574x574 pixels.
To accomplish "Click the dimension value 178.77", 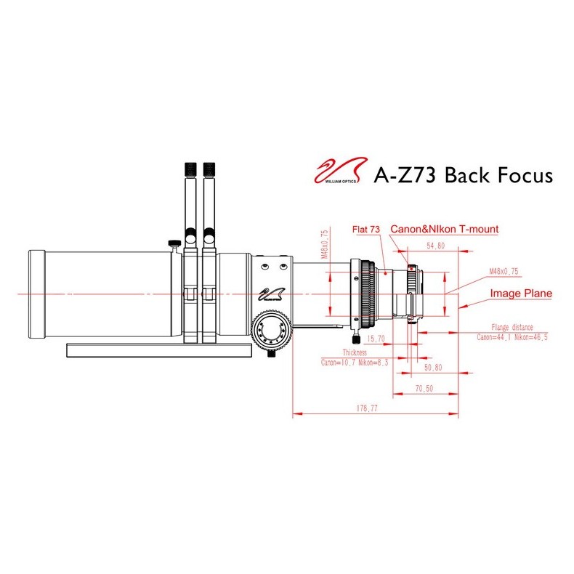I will click(376, 410).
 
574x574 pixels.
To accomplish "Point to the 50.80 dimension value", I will click(433, 369).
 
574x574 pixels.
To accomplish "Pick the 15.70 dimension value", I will click(376, 339).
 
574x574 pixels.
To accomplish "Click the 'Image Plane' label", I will click(521, 294).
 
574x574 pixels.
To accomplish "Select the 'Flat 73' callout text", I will click(366, 230).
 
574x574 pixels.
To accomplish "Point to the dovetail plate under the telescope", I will click(159, 349).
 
